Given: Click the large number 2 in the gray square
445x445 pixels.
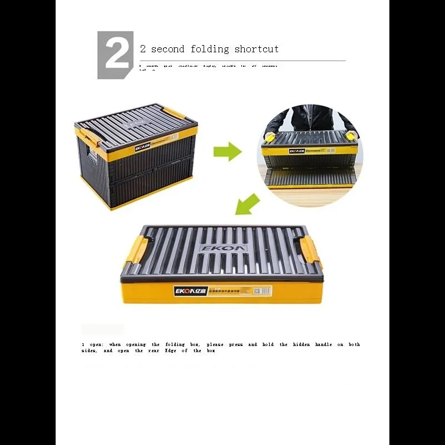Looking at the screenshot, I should [116, 55].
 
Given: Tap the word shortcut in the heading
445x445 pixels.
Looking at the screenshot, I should [256, 49].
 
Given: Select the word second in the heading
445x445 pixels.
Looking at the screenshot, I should [167, 49].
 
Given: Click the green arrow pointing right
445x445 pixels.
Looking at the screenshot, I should [227, 151].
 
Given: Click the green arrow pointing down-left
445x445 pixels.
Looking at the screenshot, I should [246, 204].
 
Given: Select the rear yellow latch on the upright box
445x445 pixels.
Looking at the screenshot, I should [175, 113].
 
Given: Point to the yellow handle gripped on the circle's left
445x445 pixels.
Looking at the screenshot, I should [270, 137].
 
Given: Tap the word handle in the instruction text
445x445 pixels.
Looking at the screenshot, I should [323, 345].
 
